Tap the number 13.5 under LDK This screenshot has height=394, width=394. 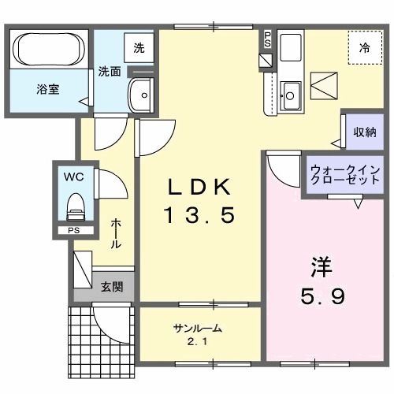click(199, 214)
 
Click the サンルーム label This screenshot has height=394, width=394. click(197, 329)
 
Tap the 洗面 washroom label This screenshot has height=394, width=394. click(110, 71)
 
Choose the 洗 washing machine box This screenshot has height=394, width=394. click(139, 47)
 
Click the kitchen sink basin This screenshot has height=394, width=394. click(289, 95)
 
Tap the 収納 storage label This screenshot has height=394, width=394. click(364, 132)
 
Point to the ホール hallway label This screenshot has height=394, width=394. click(116, 233)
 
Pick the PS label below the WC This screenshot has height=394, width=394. click(73, 231)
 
